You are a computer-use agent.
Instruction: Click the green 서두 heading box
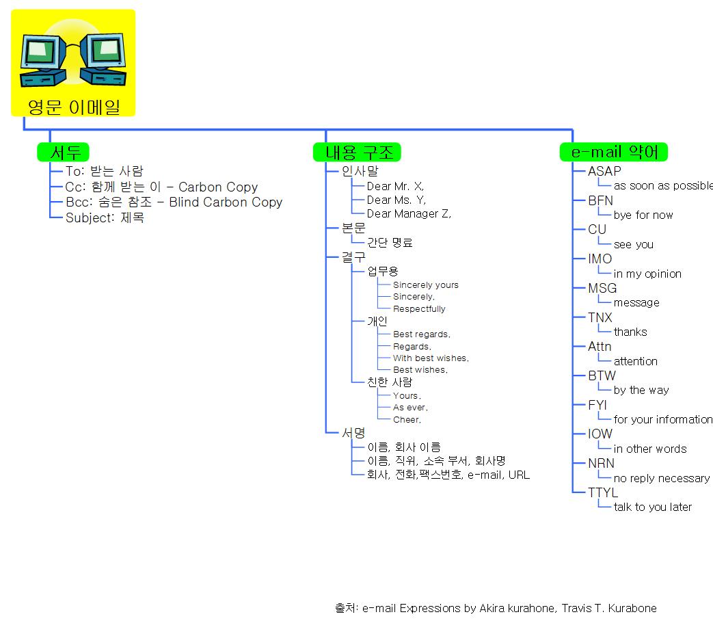63,152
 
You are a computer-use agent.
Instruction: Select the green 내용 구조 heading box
357,152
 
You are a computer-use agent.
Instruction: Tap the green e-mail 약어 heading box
614,152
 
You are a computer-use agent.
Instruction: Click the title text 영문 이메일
73,107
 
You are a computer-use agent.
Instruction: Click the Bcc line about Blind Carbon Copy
174,202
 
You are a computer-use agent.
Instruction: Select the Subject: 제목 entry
105,218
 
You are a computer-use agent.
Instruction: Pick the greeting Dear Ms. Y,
396,200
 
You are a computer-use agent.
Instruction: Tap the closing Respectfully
419,309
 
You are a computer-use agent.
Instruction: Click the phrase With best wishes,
431,358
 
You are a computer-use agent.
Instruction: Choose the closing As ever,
410,408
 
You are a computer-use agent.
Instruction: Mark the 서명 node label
353,433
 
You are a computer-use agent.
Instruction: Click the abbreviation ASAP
604,172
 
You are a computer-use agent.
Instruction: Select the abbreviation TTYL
602,492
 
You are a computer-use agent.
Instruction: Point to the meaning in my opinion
647,274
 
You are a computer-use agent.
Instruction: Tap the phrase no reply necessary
661,478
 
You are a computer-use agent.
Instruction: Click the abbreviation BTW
602,375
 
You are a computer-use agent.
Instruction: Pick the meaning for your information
662,419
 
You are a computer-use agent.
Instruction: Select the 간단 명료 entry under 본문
390,243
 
